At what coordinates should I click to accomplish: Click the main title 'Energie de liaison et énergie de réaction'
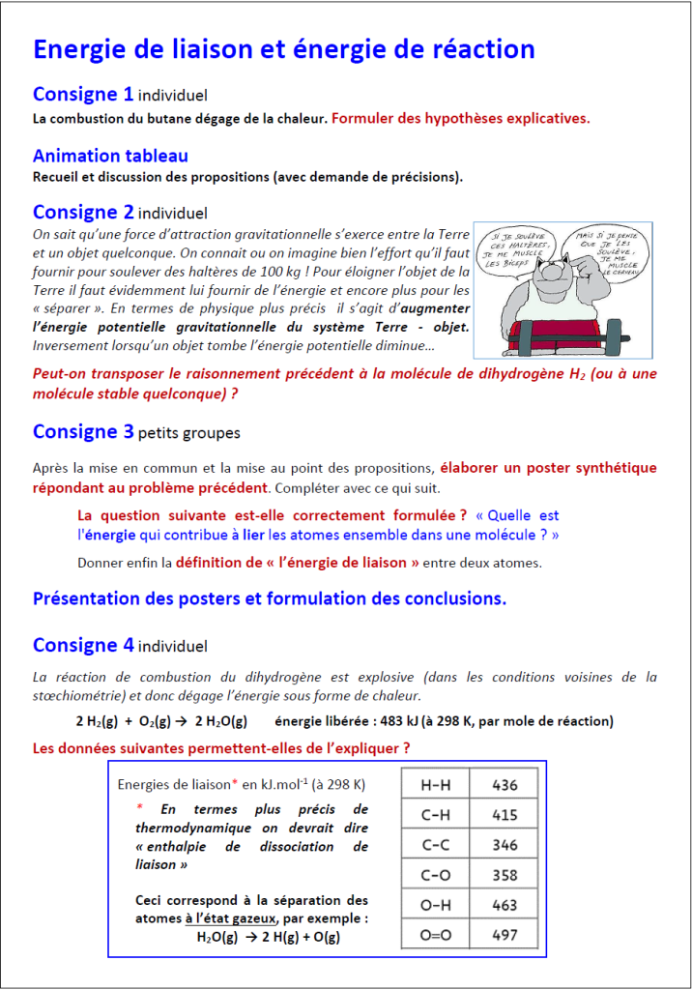283,49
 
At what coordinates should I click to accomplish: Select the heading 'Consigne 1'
83,95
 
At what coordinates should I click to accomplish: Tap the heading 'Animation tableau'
110,156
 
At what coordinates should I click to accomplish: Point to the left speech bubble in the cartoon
516,247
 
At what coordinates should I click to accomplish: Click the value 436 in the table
505,785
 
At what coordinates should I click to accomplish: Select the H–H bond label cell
435,785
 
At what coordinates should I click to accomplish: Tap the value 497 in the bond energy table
505,935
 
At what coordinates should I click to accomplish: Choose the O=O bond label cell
435,935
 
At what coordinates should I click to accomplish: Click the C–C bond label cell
435,845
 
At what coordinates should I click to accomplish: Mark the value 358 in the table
505,875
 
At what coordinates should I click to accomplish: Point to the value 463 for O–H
505,905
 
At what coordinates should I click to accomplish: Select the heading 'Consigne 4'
83,645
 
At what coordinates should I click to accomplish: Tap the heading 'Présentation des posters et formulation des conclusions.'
270,598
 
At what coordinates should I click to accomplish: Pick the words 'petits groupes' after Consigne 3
189,433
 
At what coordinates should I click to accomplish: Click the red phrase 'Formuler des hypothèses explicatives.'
460,119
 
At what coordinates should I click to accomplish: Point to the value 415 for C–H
505,815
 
